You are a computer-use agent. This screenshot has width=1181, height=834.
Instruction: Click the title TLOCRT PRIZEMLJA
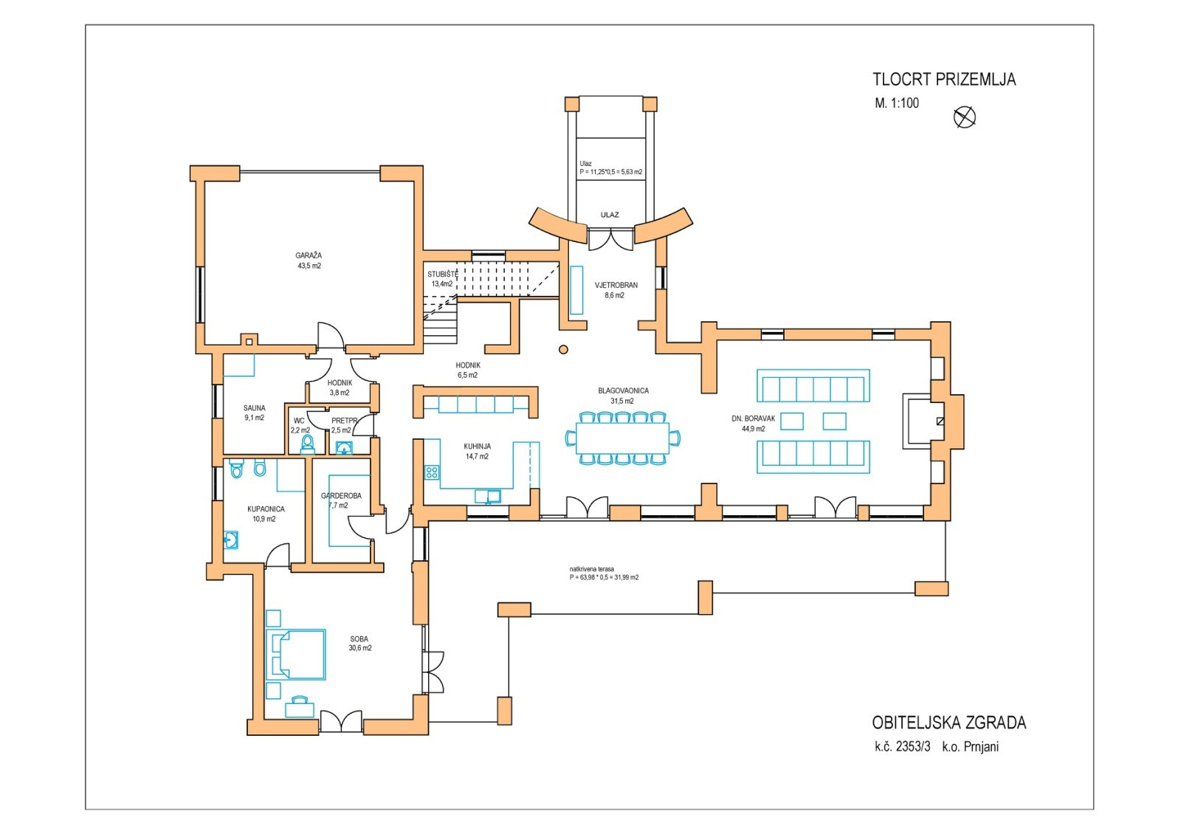coord(944,80)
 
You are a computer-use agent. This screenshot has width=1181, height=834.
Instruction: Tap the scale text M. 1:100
coord(897,103)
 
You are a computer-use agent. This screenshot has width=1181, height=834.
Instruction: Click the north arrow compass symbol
coord(964,117)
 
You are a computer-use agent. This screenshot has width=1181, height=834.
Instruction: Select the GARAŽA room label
coord(309,255)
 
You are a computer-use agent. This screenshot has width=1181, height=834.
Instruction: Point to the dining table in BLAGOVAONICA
coord(623,438)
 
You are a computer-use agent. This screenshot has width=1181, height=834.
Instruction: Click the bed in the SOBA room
coord(296,654)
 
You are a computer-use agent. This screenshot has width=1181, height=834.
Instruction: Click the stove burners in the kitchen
coord(432,472)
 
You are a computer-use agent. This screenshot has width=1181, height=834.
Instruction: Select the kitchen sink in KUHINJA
coord(488,496)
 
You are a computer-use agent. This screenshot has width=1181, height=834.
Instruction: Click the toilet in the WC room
coord(307,444)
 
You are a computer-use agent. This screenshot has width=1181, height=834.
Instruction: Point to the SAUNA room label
coord(254,408)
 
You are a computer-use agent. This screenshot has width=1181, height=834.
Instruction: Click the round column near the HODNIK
coord(564,349)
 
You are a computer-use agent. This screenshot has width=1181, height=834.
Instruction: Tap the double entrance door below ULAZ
coord(610,240)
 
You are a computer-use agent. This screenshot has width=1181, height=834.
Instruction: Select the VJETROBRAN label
coord(616,285)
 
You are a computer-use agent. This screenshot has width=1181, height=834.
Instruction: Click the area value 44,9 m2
coord(754,429)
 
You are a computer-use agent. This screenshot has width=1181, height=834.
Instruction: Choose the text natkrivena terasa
coord(591,569)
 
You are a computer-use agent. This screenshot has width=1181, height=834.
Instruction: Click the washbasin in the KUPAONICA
coord(231,540)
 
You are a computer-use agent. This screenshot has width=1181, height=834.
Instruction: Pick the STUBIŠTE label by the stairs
coord(442,274)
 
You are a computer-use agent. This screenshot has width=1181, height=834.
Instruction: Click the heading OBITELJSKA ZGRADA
coord(949,723)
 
